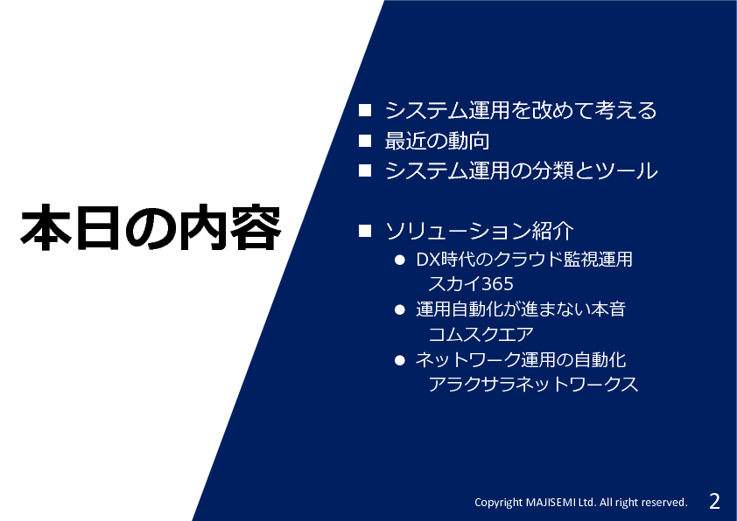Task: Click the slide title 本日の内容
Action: pyautogui.click(x=151, y=227)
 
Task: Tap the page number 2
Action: pyautogui.click(x=714, y=501)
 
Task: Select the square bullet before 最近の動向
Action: pyautogui.click(x=365, y=141)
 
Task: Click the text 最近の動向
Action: pyautogui.click(x=437, y=141)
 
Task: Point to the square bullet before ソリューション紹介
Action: pyautogui.click(x=365, y=231)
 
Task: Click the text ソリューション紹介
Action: pyautogui.click(x=480, y=231)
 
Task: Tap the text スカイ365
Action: pyautogui.click(x=471, y=284)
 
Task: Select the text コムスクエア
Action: pyautogui.click(x=481, y=334)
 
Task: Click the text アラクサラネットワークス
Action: pyautogui.click(x=533, y=385)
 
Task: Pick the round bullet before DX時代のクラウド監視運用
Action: pyautogui.click(x=400, y=260)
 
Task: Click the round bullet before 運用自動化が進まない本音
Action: pyautogui.click(x=400, y=309)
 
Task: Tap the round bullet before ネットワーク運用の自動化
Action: pyautogui.click(x=400, y=360)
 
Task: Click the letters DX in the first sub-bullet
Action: pyautogui.click(x=428, y=260)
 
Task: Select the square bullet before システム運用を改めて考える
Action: pyautogui.click(x=365, y=110)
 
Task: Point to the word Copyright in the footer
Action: pyautogui.click(x=498, y=503)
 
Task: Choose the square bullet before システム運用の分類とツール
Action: pyautogui.click(x=365, y=170)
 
